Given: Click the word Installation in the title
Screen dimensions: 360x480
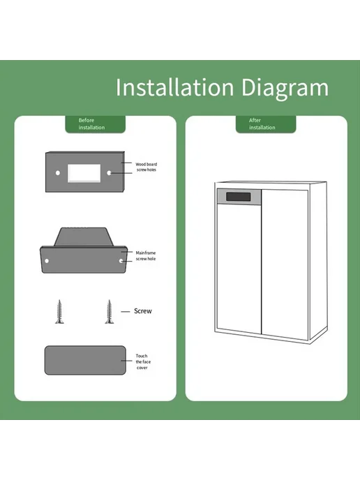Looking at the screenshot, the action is click(x=175, y=87).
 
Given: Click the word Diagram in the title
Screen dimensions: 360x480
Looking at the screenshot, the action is click(x=285, y=89).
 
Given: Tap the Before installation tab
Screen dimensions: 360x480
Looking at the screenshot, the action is click(x=95, y=124).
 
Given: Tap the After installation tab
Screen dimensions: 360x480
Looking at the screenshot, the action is click(x=266, y=124).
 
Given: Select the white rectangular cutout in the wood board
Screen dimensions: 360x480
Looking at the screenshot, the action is click(x=84, y=173).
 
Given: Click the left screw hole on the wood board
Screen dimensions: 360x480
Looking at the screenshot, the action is click(x=58, y=173).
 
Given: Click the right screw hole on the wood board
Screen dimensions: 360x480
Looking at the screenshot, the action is click(x=109, y=173).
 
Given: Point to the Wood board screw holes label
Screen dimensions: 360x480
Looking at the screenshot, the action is click(x=147, y=167).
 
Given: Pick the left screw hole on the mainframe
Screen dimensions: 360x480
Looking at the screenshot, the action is click(x=47, y=261).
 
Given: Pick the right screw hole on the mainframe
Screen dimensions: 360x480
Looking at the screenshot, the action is click(x=121, y=261).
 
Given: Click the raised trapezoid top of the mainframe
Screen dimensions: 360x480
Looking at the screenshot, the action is click(x=84, y=237).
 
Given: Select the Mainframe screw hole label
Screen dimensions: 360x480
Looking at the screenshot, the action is click(x=146, y=255).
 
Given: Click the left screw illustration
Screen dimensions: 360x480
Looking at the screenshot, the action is click(x=60, y=312).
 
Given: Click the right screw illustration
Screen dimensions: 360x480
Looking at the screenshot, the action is click(x=110, y=312).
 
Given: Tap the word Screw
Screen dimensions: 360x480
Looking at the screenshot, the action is click(x=143, y=311).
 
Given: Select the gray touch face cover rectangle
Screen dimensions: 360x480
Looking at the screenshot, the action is click(x=85, y=360).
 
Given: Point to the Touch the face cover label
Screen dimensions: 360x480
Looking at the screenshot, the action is click(x=142, y=361).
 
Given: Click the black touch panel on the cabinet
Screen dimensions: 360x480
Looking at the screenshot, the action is click(x=239, y=197).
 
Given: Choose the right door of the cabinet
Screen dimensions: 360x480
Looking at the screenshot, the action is click(x=285, y=264).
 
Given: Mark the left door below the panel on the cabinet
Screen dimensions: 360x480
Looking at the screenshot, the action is click(x=239, y=269).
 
